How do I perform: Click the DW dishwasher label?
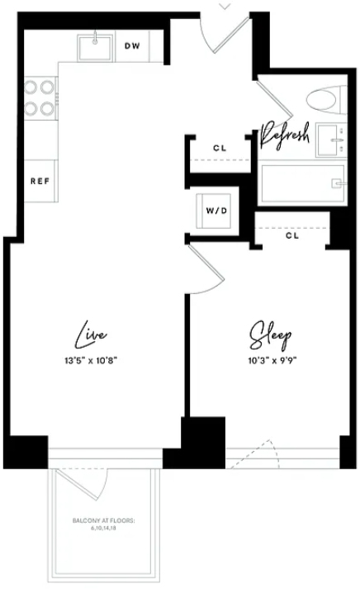(132, 45)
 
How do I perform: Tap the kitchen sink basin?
(95, 48)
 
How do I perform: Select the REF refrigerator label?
(40, 181)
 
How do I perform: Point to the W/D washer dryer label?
(216, 211)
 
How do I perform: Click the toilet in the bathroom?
(326, 100)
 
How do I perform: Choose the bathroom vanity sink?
(331, 140)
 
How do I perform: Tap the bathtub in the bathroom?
(302, 184)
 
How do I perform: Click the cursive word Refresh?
(285, 136)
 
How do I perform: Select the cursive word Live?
(91, 335)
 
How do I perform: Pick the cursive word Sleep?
(270, 335)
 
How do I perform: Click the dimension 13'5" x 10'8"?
(91, 361)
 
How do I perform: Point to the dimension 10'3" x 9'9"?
(273, 361)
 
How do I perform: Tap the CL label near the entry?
(220, 148)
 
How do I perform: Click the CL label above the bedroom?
(292, 235)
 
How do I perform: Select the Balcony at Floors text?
(103, 524)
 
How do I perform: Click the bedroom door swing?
(207, 269)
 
